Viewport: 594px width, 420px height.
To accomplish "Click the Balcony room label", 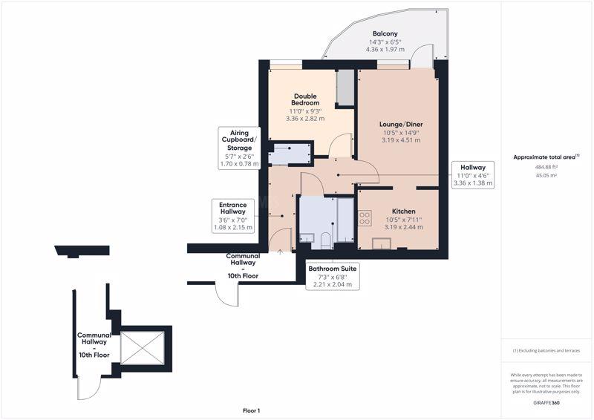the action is [x=385, y=33].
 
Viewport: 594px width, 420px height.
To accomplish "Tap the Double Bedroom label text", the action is [x=305, y=99].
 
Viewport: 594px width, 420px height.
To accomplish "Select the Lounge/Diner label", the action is [x=401, y=124].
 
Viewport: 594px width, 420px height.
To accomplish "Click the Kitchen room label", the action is [x=403, y=211].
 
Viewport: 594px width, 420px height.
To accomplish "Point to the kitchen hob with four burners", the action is [x=365, y=218].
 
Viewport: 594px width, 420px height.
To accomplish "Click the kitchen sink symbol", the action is [x=382, y=243].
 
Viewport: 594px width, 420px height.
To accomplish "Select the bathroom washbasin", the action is [x=307, y=238].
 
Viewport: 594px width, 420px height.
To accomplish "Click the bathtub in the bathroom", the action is [x=345, y=220].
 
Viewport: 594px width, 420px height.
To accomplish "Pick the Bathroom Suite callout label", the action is [x=332, y=277].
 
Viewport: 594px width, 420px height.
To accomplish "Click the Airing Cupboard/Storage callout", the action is [x=239, y=148].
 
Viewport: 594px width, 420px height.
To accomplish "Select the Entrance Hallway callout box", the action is [x=233, y=216].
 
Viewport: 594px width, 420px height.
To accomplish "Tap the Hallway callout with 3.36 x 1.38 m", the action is [x=473, y=175].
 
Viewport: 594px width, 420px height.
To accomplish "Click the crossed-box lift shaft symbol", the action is [x=143, y=349].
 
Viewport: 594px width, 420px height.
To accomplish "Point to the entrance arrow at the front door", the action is [x=281, y=252].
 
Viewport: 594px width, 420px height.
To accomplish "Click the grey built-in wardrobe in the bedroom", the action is [x=345, y=88].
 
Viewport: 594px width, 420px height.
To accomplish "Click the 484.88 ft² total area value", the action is [x=546, y=167].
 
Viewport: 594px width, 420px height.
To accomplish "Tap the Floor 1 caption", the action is [x=252, y=410].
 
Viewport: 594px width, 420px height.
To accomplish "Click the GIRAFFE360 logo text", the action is [x=546, y=403].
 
